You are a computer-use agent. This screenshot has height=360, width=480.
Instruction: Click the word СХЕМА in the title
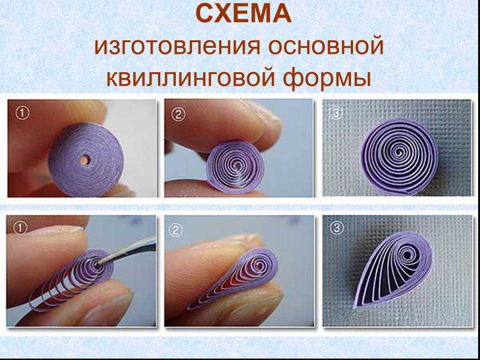coord(243,14)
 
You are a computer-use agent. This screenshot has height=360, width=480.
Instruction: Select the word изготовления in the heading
coord(177,46)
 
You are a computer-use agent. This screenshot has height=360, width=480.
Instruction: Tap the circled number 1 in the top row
coord(22,113)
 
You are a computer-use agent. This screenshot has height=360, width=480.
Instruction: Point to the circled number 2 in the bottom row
coord(176,230)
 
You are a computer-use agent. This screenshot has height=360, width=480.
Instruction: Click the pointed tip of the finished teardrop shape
coord(355,307)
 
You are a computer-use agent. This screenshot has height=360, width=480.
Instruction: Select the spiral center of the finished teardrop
coord(408,255)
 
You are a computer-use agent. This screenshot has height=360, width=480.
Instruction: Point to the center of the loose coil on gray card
coord(398,151)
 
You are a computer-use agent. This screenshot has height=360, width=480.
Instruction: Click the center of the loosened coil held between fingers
coord(237,165)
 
